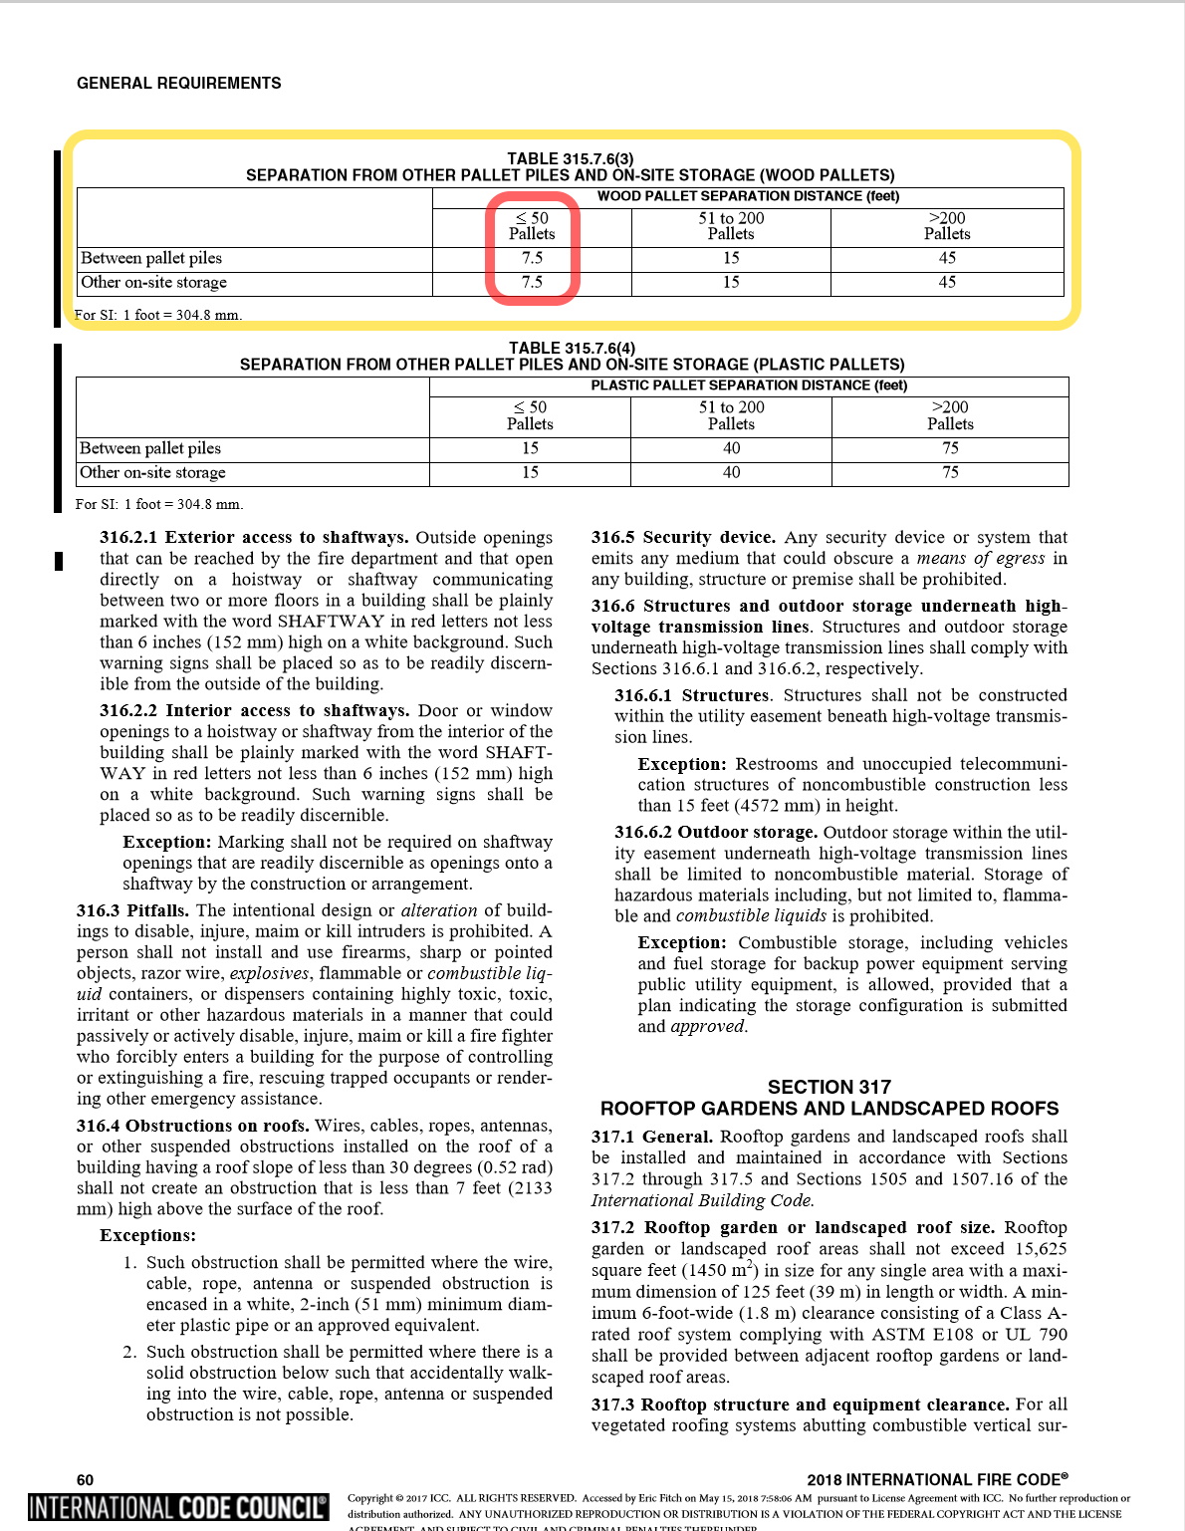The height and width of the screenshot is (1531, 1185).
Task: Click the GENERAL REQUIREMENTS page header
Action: click(179, 84)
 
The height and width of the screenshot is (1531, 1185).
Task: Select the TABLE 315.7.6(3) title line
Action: click(570, 158)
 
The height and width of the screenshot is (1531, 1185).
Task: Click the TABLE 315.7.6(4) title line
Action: click(572, 348)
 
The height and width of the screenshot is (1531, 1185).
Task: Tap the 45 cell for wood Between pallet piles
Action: click(947, 258)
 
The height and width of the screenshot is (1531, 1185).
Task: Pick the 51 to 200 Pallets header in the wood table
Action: click(731, 226)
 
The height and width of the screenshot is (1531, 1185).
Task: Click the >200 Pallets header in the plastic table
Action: click(950, 415)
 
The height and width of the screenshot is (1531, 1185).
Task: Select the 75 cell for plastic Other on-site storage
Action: click(950, 472)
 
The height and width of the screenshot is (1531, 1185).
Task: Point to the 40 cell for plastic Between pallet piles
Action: click(731, 448)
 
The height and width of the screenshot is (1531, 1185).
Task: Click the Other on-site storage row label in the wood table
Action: click(154, 283)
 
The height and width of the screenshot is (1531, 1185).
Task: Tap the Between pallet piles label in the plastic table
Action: click(150, 448)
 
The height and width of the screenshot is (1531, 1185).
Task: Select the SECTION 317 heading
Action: click(829, 1087)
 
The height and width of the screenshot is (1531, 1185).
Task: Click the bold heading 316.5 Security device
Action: click(683, 538)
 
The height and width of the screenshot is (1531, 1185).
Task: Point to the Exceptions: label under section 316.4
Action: click(147, 1235)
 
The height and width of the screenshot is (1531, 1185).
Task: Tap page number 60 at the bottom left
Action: click(86, 1479)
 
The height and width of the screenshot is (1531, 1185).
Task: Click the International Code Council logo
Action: click(178, 1507)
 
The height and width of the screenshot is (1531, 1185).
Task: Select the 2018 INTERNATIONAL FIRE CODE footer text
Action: click(937, 1479)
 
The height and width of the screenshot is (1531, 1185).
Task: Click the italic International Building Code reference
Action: click(702, 1200)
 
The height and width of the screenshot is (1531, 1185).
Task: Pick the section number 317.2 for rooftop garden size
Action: click(613, 1227)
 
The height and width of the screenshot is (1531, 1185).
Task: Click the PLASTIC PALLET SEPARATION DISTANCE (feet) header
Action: click(749, 385)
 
